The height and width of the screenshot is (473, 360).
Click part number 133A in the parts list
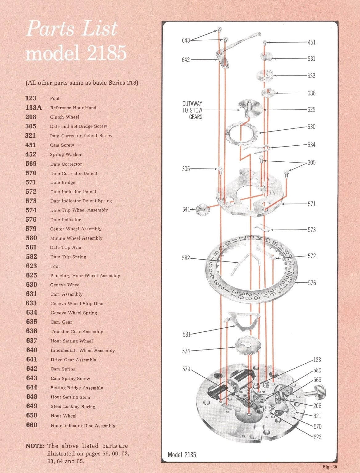click(x=33, y=107)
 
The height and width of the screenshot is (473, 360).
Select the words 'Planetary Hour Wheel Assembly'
click(x=85, y=276)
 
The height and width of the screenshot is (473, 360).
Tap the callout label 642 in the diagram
click(x=186, y=60)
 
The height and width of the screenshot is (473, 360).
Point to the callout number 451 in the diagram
click(x=311, y=42)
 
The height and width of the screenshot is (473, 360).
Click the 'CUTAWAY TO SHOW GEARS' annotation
click(x=192, y=110)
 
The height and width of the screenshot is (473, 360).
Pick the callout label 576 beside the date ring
click(x=312, y=283)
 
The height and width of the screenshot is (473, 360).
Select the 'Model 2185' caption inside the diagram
click(x=182, y=455)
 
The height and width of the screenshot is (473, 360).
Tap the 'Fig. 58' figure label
click(x=330, y=467)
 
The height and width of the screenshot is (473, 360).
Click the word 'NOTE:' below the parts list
click(x=35, y=446)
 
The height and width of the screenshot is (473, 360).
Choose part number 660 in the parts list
click(x=31, y=425)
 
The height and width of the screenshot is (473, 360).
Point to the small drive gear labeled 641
click(x=202, y=210)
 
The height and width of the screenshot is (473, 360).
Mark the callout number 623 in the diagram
click(x=317, y=437)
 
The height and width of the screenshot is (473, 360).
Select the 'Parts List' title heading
click(x=72, y=29)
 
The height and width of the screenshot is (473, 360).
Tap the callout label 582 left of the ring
click(x=186, y=258)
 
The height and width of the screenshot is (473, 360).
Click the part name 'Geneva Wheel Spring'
click(x=74, y=313)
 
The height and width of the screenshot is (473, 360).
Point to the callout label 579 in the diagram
click(x=186, y=369)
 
